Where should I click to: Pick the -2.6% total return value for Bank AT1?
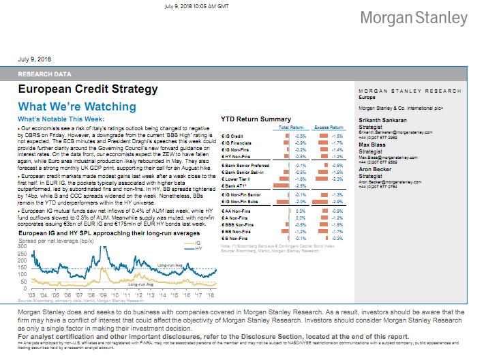point(299,185)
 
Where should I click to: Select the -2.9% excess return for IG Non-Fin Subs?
point(336,202)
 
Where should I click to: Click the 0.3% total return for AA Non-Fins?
point(299,212)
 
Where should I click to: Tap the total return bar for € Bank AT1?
point(287,185)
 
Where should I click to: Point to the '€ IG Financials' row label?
point(239,142)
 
